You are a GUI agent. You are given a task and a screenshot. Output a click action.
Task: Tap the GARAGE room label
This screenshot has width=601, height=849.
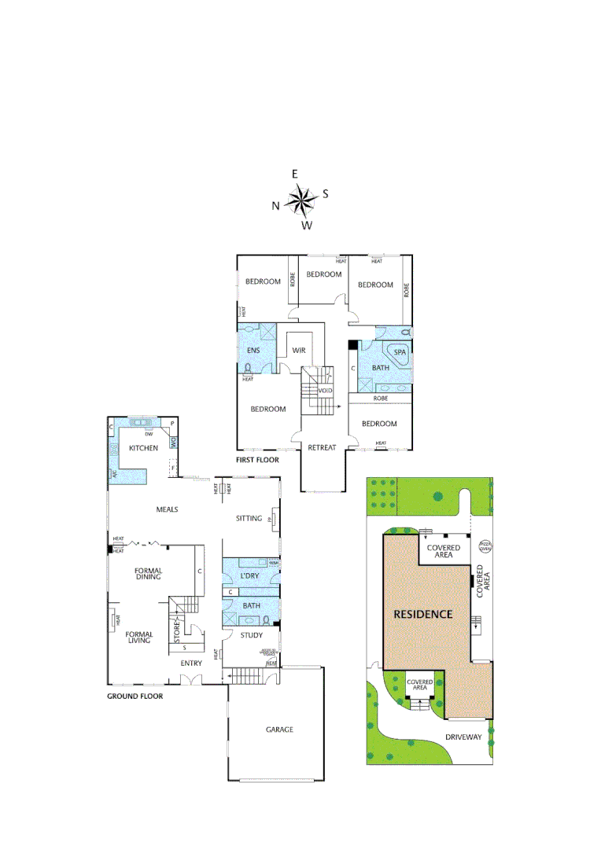(x=279, y=730)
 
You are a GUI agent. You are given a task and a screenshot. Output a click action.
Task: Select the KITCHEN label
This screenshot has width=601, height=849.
(x=144, y=447)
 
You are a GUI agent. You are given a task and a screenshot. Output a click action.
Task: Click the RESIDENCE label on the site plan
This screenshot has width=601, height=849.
(x=423, y=614)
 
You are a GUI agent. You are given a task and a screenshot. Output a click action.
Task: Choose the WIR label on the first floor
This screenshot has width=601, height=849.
(x=299, y=350)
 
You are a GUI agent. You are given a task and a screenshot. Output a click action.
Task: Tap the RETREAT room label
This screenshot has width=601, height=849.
(x=323, y=447)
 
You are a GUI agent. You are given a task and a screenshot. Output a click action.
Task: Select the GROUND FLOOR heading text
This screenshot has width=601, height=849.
(x=135, y=696)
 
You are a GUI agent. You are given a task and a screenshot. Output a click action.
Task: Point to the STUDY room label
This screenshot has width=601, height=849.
(x=251, y=635)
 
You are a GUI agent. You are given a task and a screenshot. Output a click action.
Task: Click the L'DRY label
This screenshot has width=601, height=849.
(x=249, y=576)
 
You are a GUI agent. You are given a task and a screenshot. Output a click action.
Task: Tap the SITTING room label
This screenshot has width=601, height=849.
(x=249, y=519)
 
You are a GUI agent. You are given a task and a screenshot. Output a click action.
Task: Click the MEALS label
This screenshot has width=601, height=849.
(x=167, y=509)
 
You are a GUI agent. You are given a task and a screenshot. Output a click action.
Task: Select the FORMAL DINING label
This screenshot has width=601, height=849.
(x=148, y=573)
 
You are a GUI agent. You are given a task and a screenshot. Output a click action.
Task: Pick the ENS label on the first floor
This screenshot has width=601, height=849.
(x=253, y=350)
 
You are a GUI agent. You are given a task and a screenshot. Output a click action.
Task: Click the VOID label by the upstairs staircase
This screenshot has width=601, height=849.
(x=325, y=391)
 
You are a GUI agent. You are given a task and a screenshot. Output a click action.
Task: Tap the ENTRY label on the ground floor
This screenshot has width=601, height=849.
(x=191, y=663)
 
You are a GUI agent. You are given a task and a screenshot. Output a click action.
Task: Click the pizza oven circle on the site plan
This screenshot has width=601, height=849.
(x=485, y=546)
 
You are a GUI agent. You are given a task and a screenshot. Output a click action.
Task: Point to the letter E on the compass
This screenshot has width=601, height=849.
(x=295, y=175)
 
